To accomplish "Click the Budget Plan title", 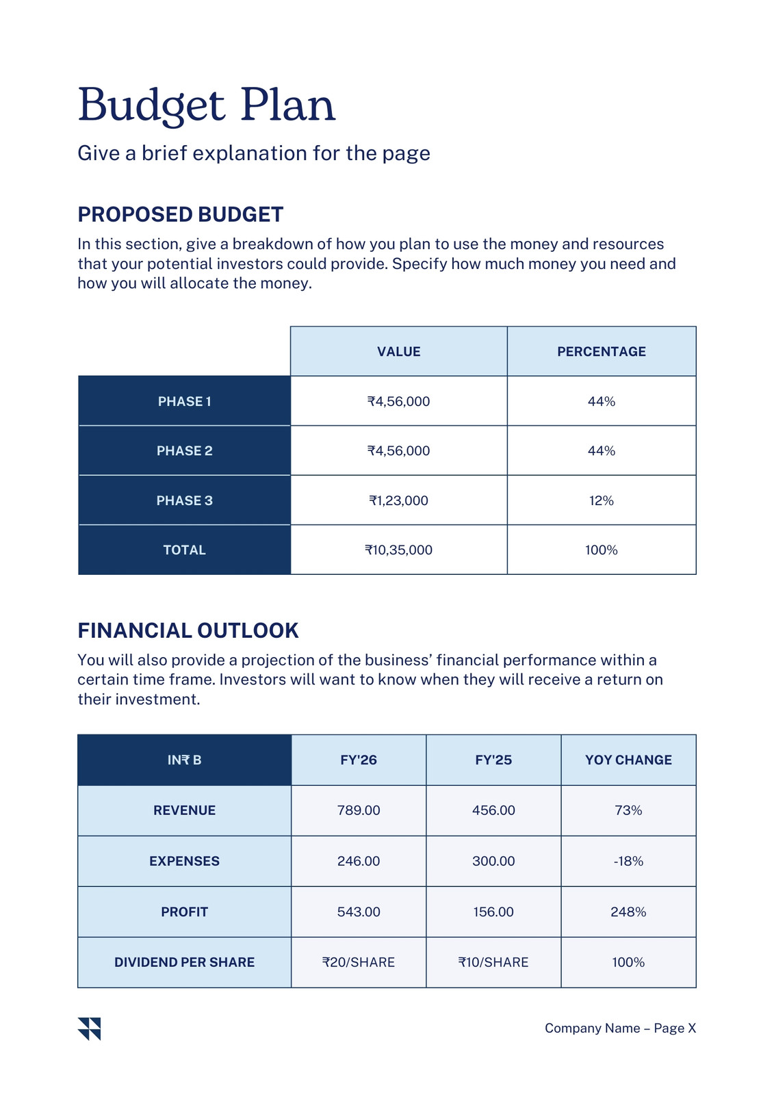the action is coord(207,105).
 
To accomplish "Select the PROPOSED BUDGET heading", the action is coord(181,215).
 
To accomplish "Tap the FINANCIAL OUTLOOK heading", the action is coord(188,630).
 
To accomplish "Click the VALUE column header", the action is coord(398,352).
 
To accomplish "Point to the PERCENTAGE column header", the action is coord(602,352).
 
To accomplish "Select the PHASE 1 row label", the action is coord(184,401).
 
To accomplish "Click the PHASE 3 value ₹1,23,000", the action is coord(398,500).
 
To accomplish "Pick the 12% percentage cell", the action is coord(602,500).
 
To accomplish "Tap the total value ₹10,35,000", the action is coord(398,550).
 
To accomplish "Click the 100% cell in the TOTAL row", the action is coord(602,550).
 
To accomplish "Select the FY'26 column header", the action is coord(359,760).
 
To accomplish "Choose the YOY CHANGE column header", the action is coord(628,760).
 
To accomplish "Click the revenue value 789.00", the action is coord(359,810).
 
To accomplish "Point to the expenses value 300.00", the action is coord(493,861).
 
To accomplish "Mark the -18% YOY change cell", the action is coord(628,861).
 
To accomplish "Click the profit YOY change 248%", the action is coord(628,912).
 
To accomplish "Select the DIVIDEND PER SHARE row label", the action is coord(184,962).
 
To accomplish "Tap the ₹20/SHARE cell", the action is coord(359,962).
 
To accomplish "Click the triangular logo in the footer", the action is coord(89,1029).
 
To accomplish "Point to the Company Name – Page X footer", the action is coord(620,1028).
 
